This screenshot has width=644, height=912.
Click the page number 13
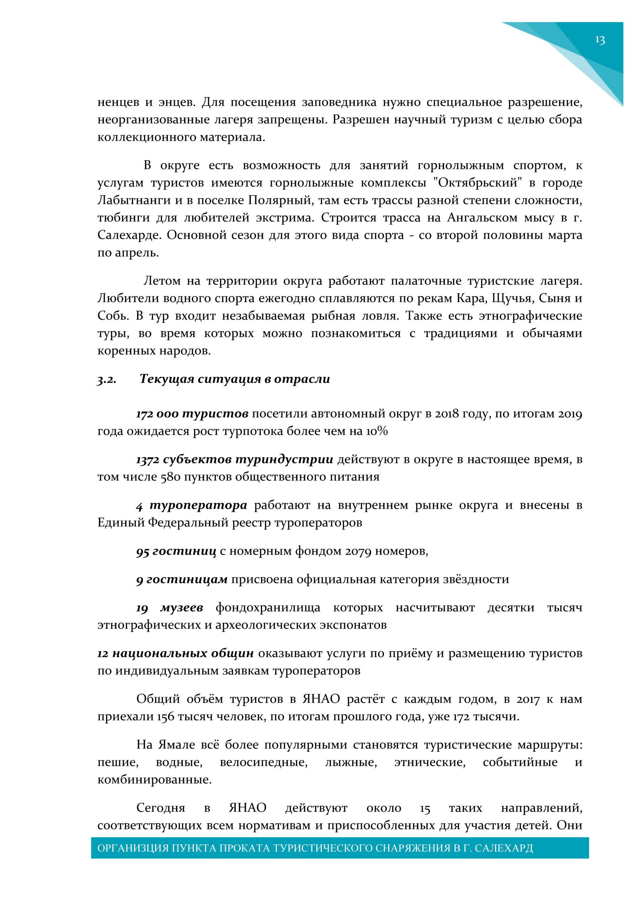click(600, 41)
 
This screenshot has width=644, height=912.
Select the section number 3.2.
click(107, 380)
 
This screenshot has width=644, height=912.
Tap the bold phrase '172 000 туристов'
click(192, 414)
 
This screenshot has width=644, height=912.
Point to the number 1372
click(148, 460)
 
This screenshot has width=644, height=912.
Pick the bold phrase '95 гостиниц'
click(176, 552)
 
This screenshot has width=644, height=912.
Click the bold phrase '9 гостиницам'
click(182, 580)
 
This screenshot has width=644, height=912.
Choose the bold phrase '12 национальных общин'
click(176, 653)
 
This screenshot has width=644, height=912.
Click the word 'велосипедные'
click(264, 763)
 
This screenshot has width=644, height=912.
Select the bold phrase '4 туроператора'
click(192, 506)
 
